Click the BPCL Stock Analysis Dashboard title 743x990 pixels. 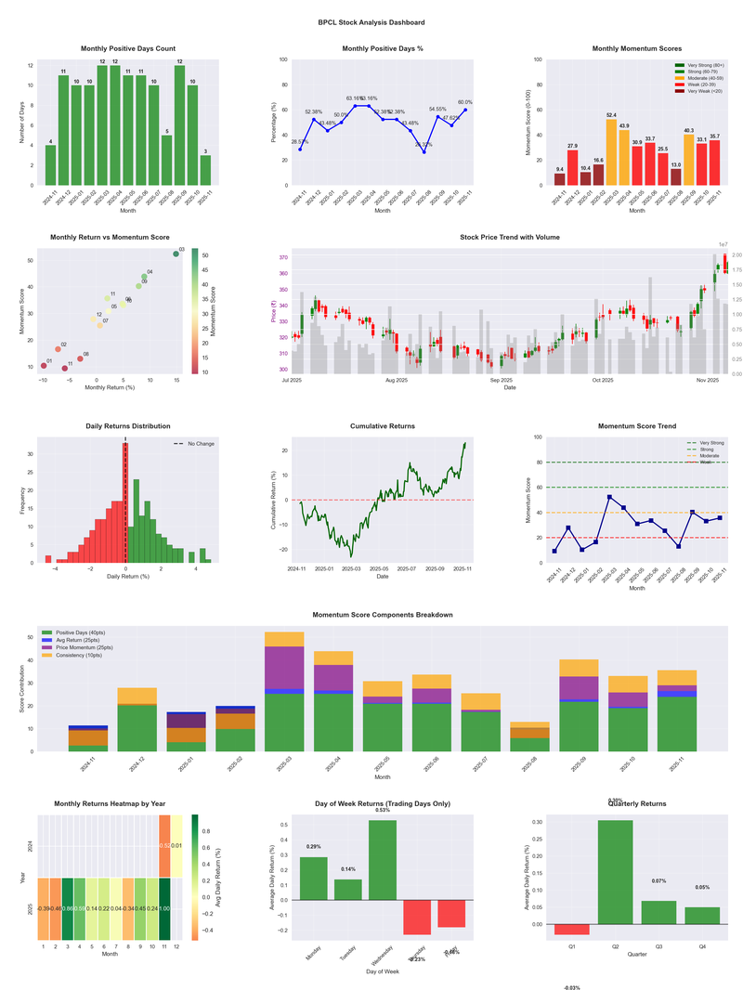(371, 21)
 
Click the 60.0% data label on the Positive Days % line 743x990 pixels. (464, 103)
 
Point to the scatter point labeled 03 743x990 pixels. (176, 254)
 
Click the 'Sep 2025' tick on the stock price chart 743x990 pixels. (502, 380)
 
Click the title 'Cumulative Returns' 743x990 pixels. (383, 426)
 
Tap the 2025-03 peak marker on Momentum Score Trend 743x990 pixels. (609, 497)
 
